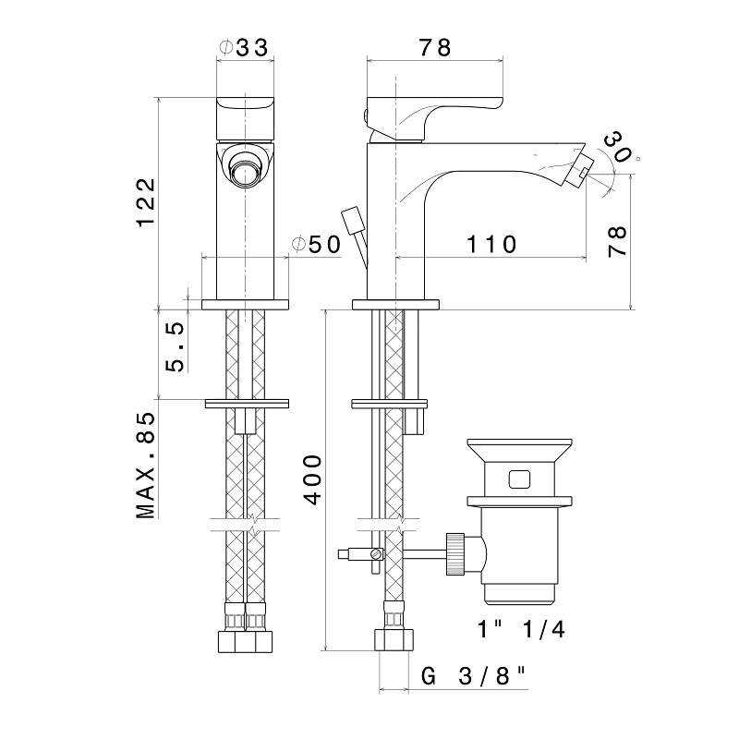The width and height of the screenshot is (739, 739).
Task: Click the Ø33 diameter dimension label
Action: point(244,47)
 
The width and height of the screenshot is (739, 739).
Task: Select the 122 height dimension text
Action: point(146,201)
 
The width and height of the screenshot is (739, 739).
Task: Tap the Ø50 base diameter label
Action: point(316,244)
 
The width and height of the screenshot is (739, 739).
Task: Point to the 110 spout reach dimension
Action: point(491,244)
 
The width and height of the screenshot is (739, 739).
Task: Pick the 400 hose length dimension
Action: point(312,479)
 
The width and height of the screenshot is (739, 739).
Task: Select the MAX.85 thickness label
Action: point(146,466)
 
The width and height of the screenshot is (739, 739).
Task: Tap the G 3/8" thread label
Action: point(473,676)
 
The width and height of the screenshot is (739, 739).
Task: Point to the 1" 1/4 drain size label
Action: point(521,629)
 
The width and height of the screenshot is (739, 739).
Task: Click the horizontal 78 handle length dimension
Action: point(435,48)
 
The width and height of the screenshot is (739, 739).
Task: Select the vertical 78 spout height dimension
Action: point(617,241)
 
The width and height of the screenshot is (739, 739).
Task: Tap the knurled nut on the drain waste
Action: point(455,553)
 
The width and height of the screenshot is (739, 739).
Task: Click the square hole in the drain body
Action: point(519,479)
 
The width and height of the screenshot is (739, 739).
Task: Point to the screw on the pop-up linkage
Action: point(376,553)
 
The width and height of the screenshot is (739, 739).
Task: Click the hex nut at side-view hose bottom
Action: point(394,640)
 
